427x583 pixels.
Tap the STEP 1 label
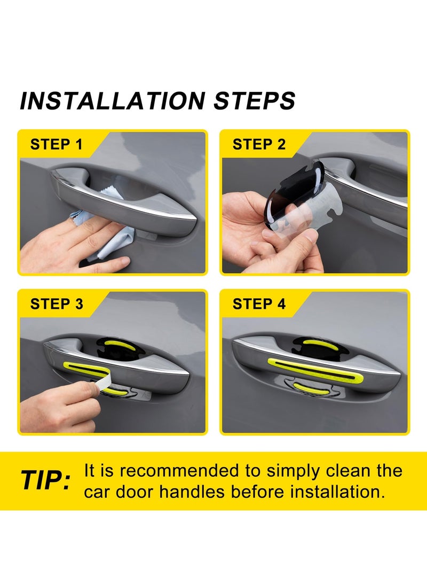[x=57, y=144]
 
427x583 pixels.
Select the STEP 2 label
[x=259, y=144]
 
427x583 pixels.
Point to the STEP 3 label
[x=57, y=304]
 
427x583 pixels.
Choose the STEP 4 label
[x=259, y=304]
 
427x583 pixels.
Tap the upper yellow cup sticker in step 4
[x=320, y=345]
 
